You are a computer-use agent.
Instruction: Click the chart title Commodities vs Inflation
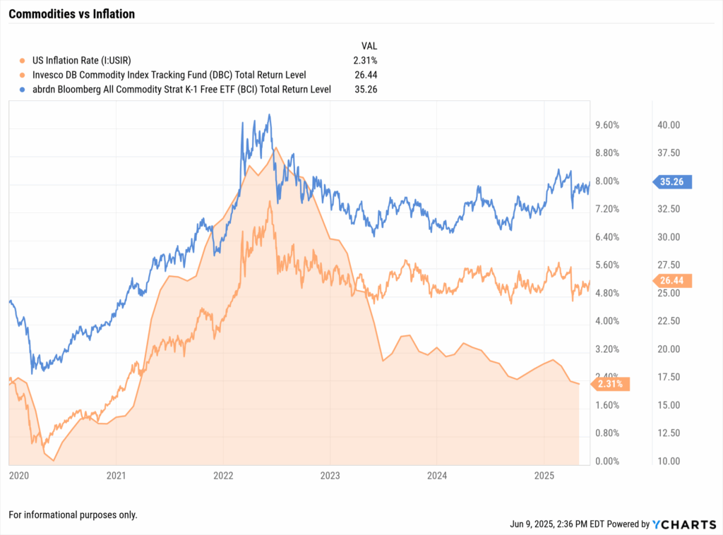(71, 13)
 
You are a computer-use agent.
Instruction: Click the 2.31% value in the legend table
(366, 60)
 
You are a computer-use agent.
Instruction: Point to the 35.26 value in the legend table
(366, 88)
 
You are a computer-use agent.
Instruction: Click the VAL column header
(368, 45)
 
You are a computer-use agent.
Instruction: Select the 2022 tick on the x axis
(223, 475)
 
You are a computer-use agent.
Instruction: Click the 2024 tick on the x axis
(437, 475)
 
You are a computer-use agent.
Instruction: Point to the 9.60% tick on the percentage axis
(608, 125)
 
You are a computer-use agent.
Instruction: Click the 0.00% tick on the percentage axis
(608, 461)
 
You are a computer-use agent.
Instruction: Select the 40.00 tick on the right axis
(668, 125)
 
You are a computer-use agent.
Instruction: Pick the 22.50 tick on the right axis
(668, 321)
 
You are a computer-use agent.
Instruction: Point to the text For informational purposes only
(73, 515)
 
